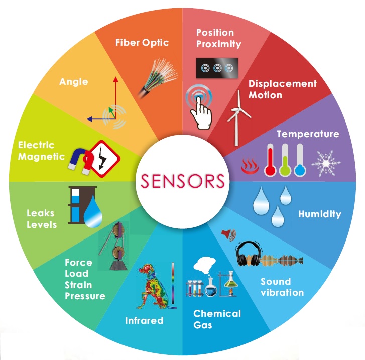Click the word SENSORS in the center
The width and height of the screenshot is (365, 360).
[x=183, y=181]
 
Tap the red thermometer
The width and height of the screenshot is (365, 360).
[x=270, y=160]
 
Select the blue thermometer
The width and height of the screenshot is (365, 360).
[x=300, y=160]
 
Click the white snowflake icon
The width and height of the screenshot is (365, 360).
[x=326, y=163]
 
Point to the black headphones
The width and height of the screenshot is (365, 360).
[x=249, y=254]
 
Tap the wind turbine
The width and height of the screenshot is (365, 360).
[x=238, y=118]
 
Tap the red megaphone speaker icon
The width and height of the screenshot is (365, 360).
[x=228, y=234]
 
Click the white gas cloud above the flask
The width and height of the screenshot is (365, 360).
[x=204, y=265]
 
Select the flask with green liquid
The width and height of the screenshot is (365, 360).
[x=230, y=284]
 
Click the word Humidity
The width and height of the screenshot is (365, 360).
[x=320, y=214]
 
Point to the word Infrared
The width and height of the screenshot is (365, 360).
[x=144, y=320]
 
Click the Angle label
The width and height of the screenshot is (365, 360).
[x=74, y=82]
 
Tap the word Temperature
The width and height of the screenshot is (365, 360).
[x=308, y=134]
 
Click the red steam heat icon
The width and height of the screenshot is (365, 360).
[x=250, y=166]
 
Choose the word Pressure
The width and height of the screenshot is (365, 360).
[x=85, y=296]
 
